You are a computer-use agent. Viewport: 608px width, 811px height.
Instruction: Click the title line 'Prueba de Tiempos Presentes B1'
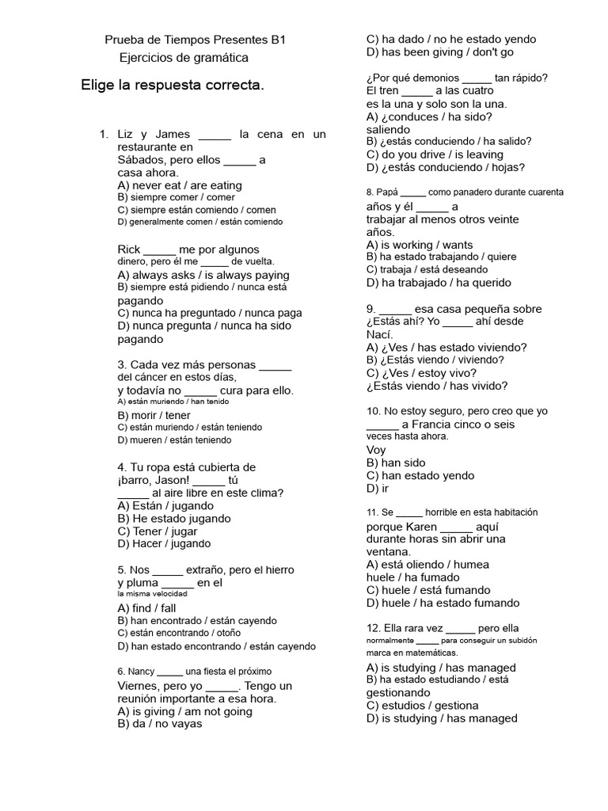pyautogui.click(x=195, y=39)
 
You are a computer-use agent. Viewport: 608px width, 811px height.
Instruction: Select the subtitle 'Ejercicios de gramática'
pyautogui.click(x=183, y=58)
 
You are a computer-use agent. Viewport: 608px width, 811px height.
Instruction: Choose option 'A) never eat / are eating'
pyautogui.click(x=180, y=185)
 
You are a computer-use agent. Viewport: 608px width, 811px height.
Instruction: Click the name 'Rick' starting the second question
pyautogui.click(x=129, y=249)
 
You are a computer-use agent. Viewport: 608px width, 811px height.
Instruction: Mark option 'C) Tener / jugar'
pyautogui.click(x=158, y=531)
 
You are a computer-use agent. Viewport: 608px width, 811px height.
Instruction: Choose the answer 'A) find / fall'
pyautogui.click(x=146, y=608)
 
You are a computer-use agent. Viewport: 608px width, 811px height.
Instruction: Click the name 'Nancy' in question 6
pyautogui.click(x=141, y=672)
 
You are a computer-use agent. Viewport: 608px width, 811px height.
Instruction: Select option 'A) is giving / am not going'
pyautogui.click(x=185, y=711)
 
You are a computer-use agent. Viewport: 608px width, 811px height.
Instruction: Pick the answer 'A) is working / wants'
pyautogui.click(x=420, y=245)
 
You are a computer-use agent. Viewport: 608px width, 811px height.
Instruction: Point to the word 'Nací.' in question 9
pyautogui.click(x=382, y=334)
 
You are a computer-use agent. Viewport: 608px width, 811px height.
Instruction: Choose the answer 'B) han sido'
pyautogui.click(x=396, y=463)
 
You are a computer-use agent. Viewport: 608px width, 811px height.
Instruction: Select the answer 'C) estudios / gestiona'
pyautogui.click(x=423, y=706)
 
